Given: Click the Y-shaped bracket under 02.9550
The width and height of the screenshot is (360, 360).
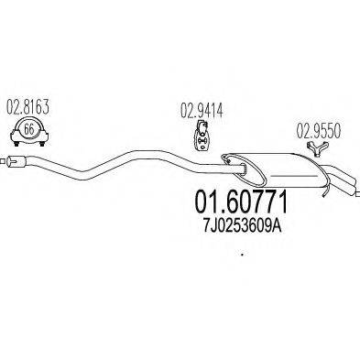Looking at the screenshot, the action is [317, 148].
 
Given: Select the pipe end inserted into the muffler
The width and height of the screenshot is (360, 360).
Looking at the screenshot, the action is [234, 164].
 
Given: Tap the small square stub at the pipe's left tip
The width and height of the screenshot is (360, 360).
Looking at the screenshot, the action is [6, 162].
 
